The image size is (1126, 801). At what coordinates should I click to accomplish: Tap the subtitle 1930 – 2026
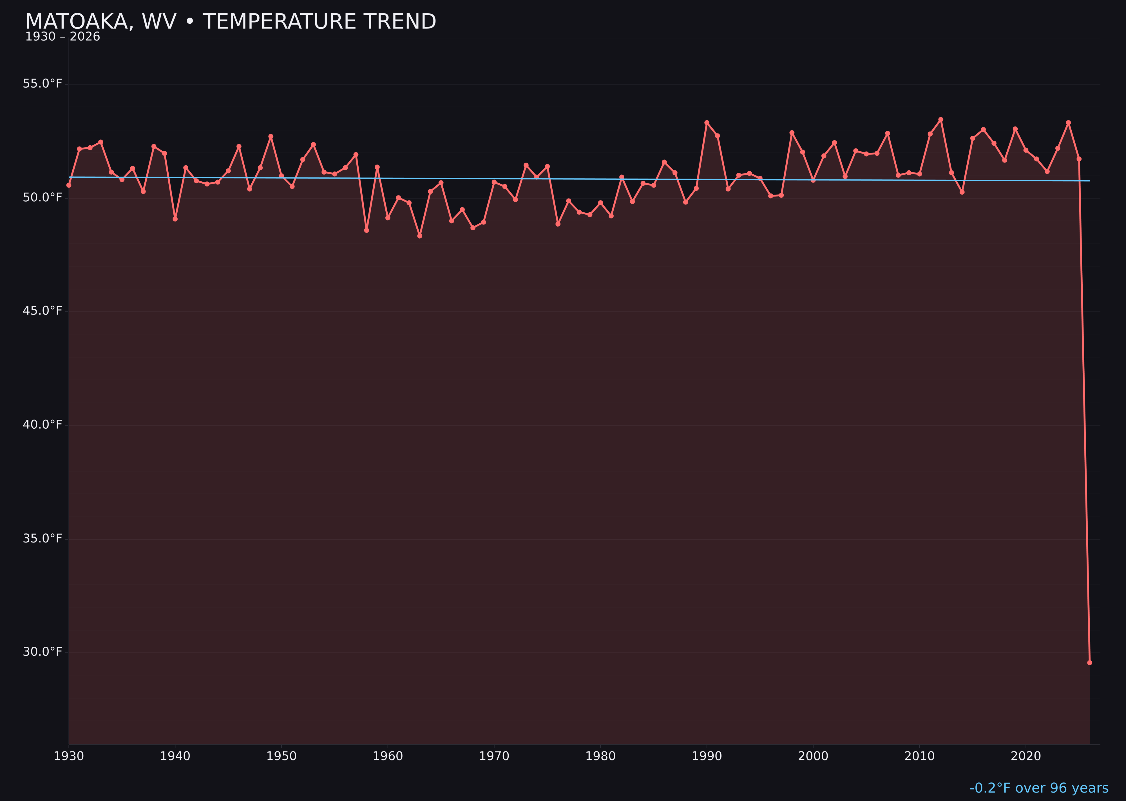62,37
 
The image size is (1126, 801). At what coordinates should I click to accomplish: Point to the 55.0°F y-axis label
43,84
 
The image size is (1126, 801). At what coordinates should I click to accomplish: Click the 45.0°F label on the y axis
43,311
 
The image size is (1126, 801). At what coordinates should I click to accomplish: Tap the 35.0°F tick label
43,538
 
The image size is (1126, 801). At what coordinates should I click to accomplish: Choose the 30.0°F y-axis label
43,651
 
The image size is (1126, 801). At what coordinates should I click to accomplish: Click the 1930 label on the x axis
69,756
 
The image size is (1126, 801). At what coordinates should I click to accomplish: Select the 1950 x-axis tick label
281,756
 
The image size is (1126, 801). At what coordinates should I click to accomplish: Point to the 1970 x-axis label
494,756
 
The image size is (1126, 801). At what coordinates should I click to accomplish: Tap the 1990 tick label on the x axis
707,756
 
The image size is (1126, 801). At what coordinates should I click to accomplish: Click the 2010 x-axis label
919,756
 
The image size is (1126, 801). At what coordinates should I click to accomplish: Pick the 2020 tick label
1026,756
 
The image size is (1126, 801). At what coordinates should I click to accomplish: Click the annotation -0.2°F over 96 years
1039,788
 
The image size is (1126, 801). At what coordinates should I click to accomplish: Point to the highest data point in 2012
941,119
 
